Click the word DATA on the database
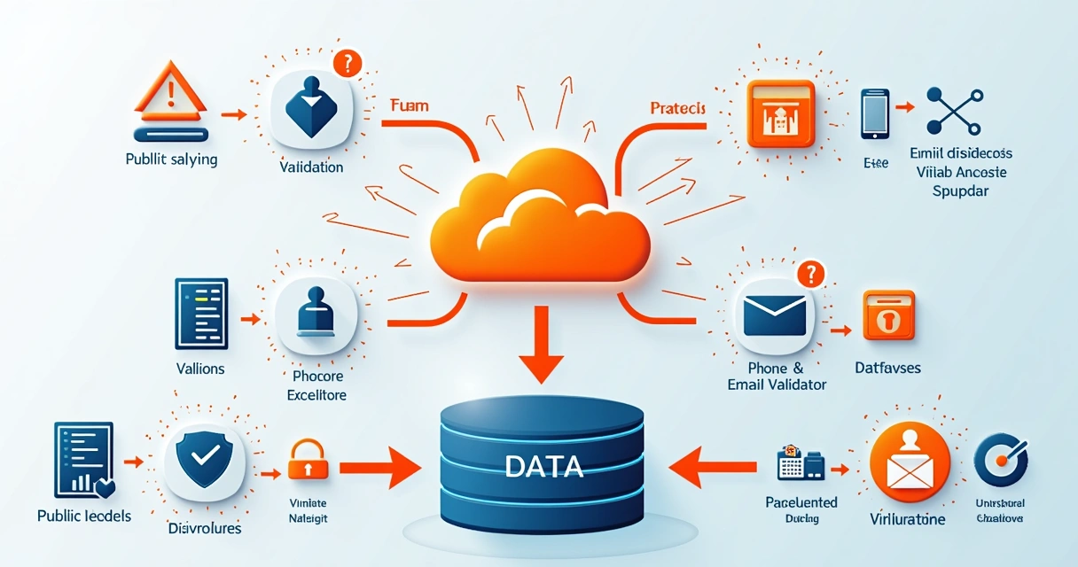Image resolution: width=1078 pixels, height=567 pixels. click(x=543, y=466)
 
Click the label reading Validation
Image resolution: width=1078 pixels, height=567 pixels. click(x=311, y=167)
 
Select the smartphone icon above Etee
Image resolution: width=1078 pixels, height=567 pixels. click(x=875, y=113)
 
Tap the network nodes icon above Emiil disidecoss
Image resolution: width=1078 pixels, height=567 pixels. click(x=953, y=111)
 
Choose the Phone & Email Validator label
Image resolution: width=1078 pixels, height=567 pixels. click(x=777, y=376)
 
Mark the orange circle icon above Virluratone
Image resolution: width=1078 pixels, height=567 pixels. click(x=910, y=461)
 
